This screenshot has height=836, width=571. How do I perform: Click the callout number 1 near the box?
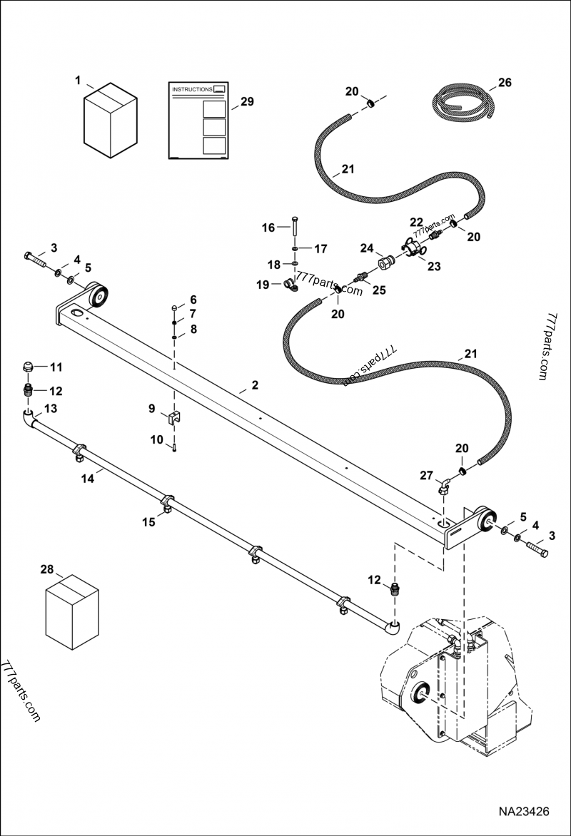[78, 81]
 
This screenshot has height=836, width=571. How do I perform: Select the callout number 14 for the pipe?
[87, 479]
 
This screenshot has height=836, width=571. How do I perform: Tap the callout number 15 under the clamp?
[148, 522]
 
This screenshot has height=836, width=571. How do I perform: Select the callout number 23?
[434, 265]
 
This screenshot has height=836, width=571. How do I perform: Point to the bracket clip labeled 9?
[174, 418]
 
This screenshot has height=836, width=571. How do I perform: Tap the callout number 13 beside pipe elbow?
[51, 408]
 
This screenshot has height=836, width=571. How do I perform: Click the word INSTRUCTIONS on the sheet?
[192, 90]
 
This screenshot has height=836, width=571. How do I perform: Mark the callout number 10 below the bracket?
[156, 440]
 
